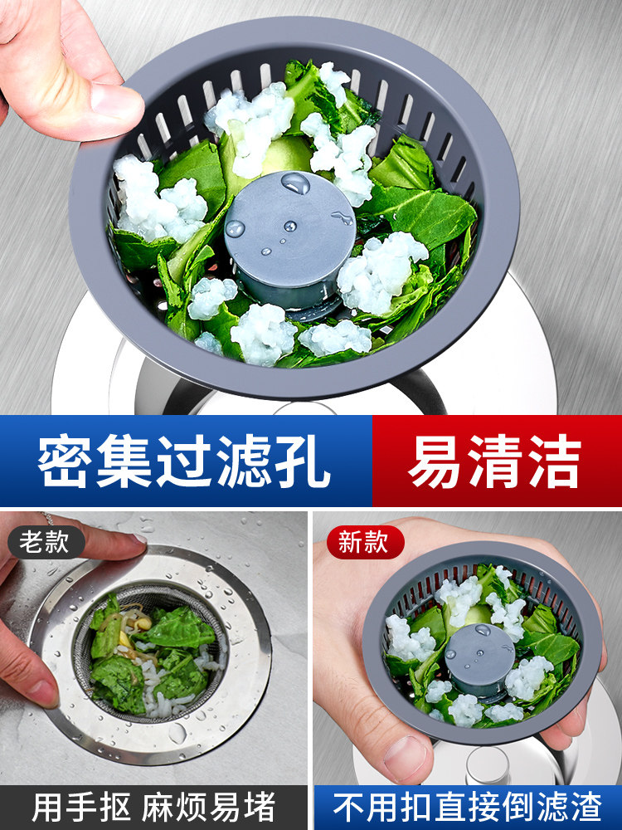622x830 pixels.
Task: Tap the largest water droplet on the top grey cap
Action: (295, 183)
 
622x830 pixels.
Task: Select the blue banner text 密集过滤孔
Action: (184, 461)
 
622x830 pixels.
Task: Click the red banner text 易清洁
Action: (494, 461)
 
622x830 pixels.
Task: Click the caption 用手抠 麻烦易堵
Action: (153, 808)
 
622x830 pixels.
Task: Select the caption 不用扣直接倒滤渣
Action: (468, 808)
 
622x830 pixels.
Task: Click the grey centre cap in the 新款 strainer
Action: (479, 660)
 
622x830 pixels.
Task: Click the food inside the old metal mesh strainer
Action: (151, 657)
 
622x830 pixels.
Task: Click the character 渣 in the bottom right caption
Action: (586, 808)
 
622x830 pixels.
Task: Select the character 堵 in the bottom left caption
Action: (260, 808)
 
